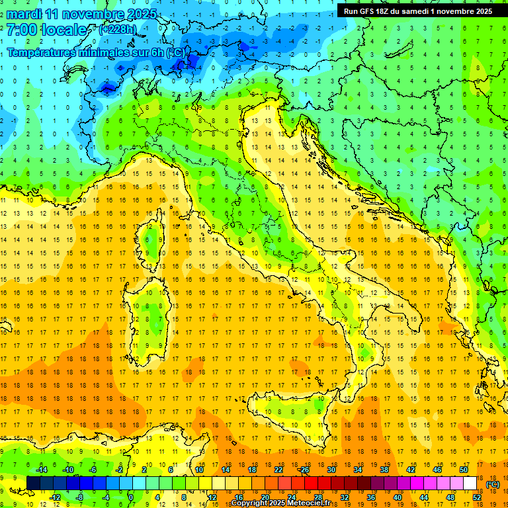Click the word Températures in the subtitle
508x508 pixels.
(x=41, y=52)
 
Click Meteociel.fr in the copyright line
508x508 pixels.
(x=314, y=503)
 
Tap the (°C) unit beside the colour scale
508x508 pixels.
(x=493, y=484)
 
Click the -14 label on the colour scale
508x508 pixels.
(x=41, y=470)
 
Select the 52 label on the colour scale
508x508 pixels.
(x=476, y=497)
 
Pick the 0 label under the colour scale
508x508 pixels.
(x=130, y=497)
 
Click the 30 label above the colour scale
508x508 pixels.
(x=331, y=470)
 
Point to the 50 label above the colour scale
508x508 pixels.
(x=463, y=470)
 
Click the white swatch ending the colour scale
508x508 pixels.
(x=470, y=484)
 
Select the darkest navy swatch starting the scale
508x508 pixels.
(x=34, y=484)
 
